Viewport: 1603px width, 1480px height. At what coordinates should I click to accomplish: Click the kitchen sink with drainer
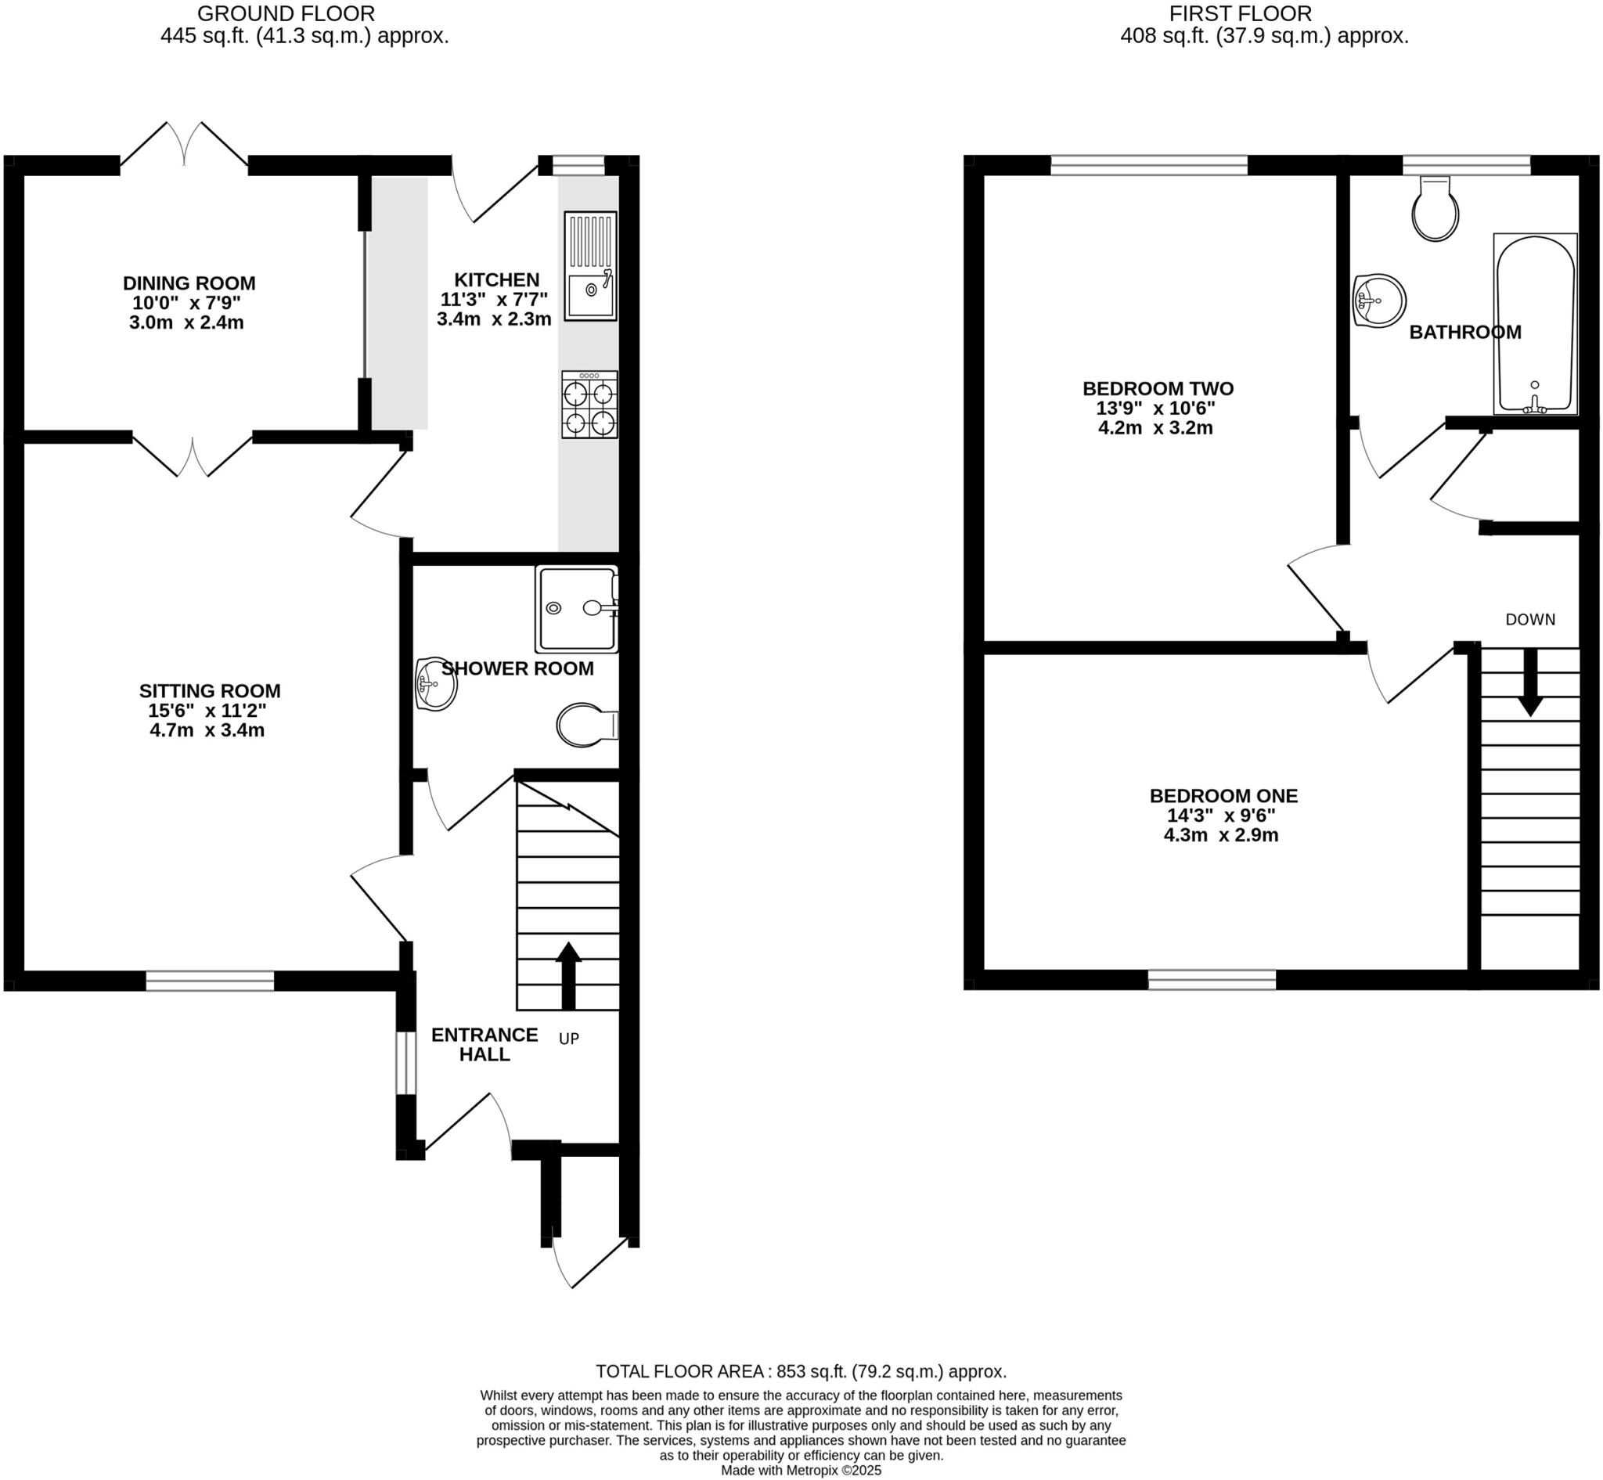pyautogui.click(x=590, y=267)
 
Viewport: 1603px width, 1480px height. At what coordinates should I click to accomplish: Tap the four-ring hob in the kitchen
pyautogui.click(x=589, y=405)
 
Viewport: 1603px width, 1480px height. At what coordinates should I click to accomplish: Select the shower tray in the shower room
pyautogui.click(x=577, y=610)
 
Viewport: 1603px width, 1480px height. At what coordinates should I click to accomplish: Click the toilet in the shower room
pyautogui.click(x=587, y=726)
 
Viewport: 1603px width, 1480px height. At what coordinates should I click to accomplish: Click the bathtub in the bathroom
pyautogui.click(x=1535, y=324)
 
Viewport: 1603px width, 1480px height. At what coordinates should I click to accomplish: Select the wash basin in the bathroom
pyautogui.click(x=1378, y=301)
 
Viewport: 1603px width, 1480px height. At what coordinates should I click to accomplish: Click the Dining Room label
pyautogui.click(x=189, y=283)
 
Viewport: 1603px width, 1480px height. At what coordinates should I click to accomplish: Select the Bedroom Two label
pyautogui.click(x=1158, y=388)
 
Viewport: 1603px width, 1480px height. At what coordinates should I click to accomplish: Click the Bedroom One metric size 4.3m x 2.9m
pyautogui.click(x=1221, y=835)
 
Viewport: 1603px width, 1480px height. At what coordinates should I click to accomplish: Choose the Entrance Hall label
pyautogui.click(x=485, y=1044)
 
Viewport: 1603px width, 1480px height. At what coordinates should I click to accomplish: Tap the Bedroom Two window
pyautogui.click(x=1149, y=166)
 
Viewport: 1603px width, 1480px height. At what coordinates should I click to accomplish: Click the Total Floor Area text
pyautogui.click(x=800, y=1372)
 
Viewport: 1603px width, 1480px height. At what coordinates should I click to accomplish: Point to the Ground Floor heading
pyautogui.click(x=286, y=13)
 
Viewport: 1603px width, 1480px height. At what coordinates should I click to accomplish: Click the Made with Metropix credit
pyautogui.click(x=801, y=1471)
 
